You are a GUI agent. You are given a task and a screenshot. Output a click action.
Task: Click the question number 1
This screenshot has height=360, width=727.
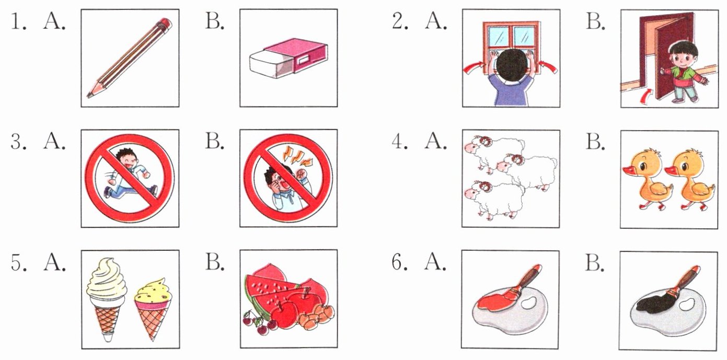coord(18,22)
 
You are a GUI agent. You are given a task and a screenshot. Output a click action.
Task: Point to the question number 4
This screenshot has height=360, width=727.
coord(400,142)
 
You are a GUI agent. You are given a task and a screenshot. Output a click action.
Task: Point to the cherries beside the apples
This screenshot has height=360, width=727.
coord(257,322)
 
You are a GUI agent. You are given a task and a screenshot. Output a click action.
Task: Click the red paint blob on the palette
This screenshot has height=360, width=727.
coord(493,301)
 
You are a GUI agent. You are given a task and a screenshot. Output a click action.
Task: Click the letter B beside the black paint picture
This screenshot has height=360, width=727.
coord(595,262)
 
